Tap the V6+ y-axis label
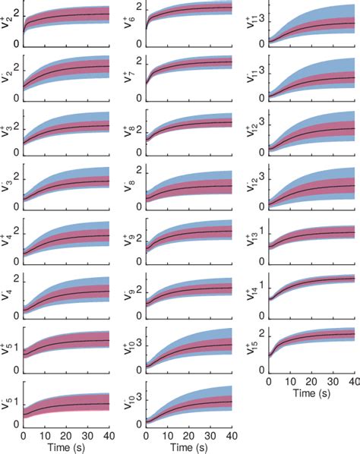(128, 23)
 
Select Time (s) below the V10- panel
(188, 447)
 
